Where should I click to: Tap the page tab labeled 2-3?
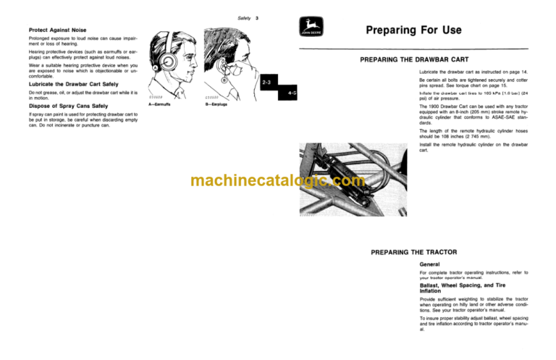click(x=266, y=84)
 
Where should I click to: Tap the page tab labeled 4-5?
click(x=290, y=93)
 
